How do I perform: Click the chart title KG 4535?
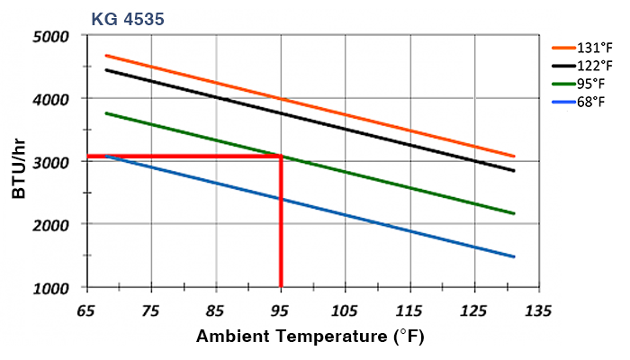(x=127, y=17)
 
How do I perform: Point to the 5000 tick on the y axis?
(x=51, y=37)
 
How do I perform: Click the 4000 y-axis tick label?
(x=51, y=99)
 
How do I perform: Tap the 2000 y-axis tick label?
(x=51, y=224)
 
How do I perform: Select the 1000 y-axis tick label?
(x=51, y=287)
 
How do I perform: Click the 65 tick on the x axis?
(x=86, y=310)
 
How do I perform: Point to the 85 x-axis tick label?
(x=216, y=310)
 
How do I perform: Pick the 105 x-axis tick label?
(x=345, y=310)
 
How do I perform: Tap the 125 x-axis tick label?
(x=474, y=310)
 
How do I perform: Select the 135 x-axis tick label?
(x=538, y=310)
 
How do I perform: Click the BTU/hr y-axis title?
(x=19, y=161)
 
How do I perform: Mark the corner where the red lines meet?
(x=281, y=157)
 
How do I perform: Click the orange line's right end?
(x=514, y=156)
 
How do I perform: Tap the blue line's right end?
(x=514, y=256)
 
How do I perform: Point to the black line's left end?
(x=106, y=69)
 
